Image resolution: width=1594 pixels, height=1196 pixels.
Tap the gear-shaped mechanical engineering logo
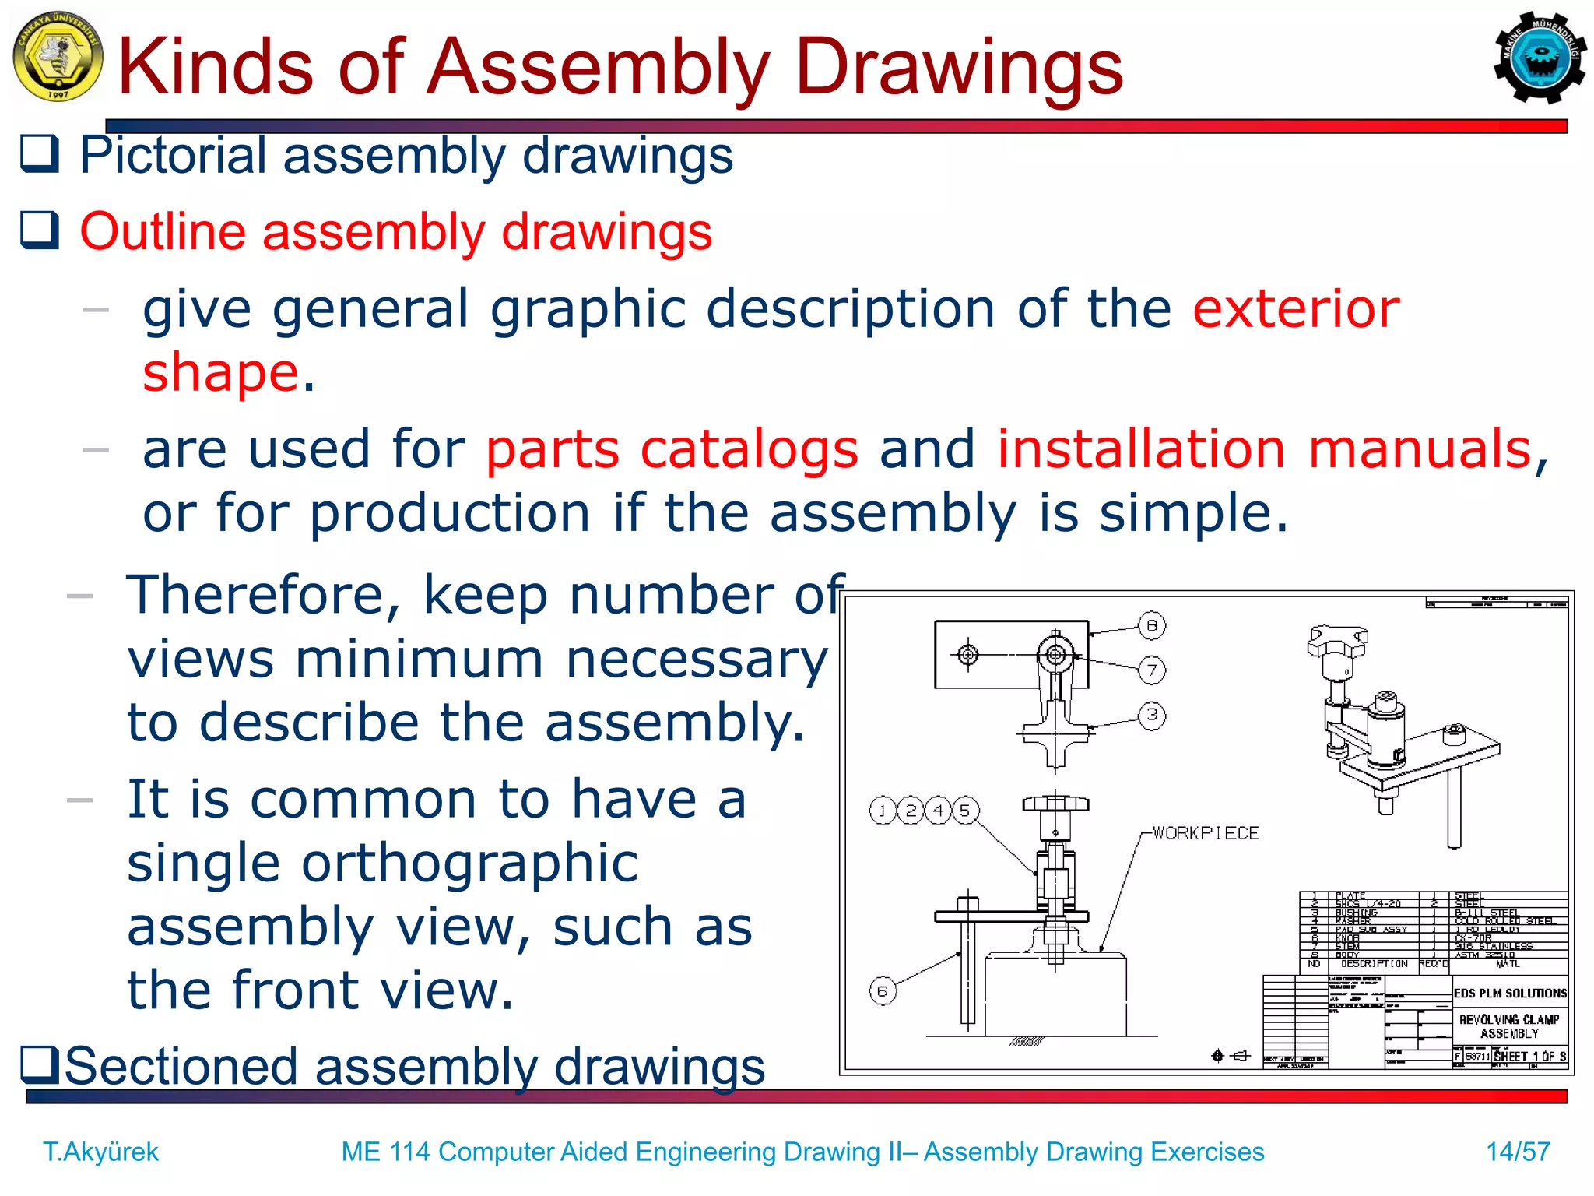pos(1538,57)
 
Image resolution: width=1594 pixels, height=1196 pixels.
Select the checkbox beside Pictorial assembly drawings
pos(39,153)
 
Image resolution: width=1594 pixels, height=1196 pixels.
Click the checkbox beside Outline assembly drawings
pos(39,230)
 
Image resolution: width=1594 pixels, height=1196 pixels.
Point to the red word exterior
pos(1296,308)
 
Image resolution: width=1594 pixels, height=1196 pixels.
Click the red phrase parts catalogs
pos(672,449)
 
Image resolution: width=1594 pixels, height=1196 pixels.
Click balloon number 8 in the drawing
pos(1152,625)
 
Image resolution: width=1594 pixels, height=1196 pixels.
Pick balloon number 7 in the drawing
pos(1152,670)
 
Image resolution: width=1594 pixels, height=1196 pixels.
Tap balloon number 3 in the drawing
pos(1152,715)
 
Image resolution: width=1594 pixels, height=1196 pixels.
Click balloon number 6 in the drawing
pos(883,991)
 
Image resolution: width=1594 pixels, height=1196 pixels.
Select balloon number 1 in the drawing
pos(883,811)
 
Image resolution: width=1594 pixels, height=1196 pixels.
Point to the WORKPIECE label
pos(1206,833)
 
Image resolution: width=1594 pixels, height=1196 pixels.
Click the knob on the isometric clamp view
pos(1337,641)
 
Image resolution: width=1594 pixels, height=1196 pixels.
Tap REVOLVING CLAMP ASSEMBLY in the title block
pos(1508,1026)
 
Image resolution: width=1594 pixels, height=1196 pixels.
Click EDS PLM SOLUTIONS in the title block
pos(1509,994)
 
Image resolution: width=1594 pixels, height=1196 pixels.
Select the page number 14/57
pos(1518,1151)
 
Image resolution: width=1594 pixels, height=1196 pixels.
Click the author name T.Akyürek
pos(100,1151)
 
